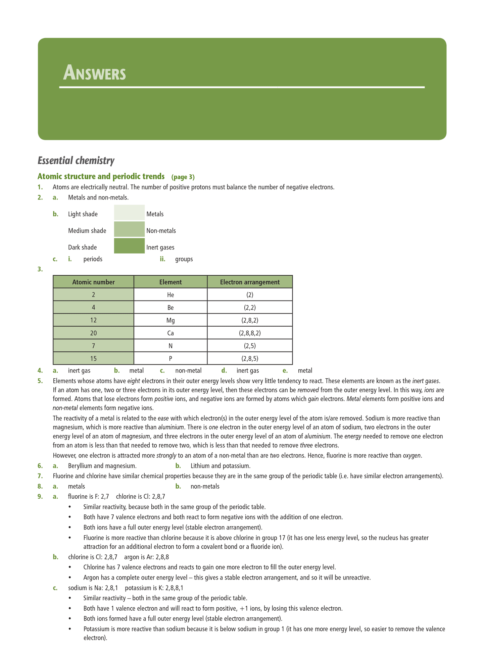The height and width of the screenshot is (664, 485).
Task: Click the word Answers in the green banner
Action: coord(94,73)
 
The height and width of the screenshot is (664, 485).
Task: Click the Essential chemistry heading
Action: coord(76,161)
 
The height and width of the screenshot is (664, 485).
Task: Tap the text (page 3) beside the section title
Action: coord(183,177)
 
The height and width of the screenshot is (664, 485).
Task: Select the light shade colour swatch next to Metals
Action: coord(129,213)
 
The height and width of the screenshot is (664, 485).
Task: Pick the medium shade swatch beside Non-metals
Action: coord(129,229)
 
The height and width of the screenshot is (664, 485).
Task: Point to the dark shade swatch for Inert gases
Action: coord(129,246)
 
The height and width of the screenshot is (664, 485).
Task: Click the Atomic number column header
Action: coord(93,282)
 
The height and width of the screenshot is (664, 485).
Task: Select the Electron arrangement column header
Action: coord(250,282)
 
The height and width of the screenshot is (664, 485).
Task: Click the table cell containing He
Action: coord(171,295)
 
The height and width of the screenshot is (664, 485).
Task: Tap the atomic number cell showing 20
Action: coord(93,333)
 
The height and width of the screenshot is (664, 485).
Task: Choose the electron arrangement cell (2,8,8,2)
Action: coord(250,333)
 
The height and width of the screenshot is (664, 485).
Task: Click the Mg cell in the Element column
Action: coord(171,320)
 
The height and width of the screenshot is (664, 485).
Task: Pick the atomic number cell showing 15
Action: coord(93,358)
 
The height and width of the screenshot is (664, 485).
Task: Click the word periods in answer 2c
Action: coord(93,259)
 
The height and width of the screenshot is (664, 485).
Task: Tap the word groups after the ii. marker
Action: coord(184,259)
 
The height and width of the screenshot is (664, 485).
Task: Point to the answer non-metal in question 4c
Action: coord(188,371)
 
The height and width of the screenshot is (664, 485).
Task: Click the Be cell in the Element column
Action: coord(171,308)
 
